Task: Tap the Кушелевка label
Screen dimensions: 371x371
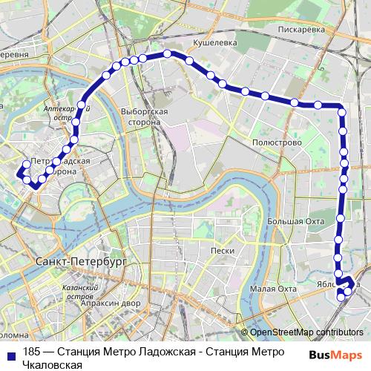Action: click(214, 43)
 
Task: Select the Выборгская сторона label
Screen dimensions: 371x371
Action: click(150, 116)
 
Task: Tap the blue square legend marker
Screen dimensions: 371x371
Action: click(12, 352)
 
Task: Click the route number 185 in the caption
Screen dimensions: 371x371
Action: click(32, 352)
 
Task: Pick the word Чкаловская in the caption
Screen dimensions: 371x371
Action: click(51, 364)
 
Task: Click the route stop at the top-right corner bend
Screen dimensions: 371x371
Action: click(341, 111)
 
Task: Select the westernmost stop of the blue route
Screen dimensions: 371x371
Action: click(20, 174)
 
